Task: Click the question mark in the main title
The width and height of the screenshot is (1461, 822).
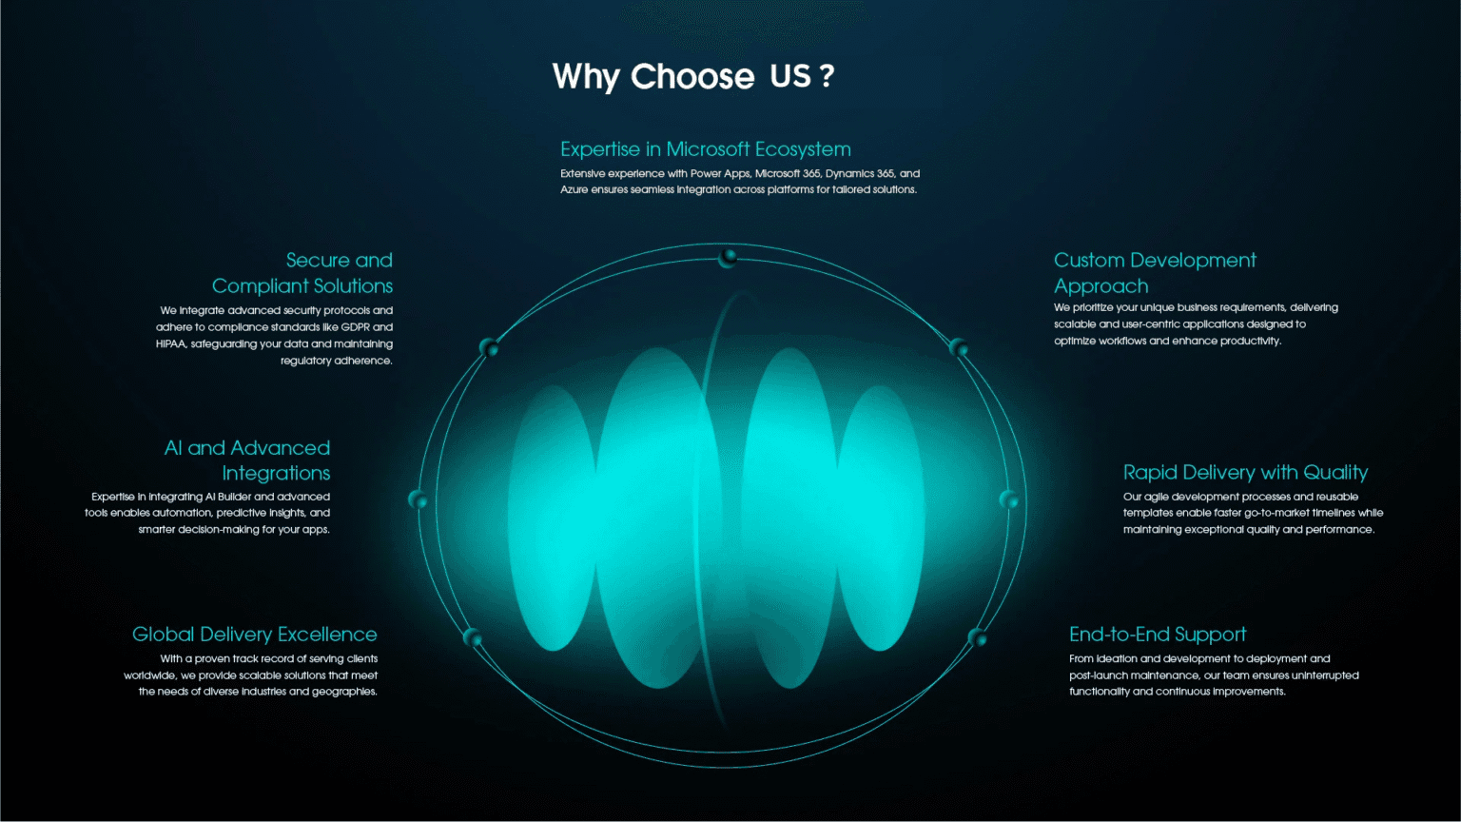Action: (x=827, y=76)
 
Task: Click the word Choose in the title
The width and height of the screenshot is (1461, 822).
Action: (x=692, y=76)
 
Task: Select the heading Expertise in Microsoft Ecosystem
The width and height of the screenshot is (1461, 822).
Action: (x=706, y=149)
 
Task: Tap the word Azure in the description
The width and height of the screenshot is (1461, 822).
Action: (x=574, y=190)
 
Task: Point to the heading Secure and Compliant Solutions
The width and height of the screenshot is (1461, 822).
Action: (x=302, y=273)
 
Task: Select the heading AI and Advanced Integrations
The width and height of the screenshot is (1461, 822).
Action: (x=247, y=460)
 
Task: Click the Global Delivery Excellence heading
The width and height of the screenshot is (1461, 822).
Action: (x=254, y=635)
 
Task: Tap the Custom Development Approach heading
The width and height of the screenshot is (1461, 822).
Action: (x=1155, y=273)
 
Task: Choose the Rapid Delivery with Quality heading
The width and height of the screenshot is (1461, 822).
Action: (x=1245, y=472)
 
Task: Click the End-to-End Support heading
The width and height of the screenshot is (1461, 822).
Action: (x=1158, y=635)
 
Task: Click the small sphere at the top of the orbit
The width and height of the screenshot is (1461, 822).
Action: (x=728, y=259)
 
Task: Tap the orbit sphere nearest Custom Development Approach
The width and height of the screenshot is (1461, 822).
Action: (x=958, y=347)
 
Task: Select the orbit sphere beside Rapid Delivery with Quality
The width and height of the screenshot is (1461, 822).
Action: (x=1009, y=499)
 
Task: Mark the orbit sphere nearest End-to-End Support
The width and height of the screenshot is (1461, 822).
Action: (x=977, y=636)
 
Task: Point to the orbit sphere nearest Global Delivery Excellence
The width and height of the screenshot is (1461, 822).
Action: (x=472, y=636)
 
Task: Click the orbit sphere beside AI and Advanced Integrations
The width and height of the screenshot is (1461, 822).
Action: (x=419, y=499)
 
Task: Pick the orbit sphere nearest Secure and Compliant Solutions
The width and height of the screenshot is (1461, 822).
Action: (x=489, y=347)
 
